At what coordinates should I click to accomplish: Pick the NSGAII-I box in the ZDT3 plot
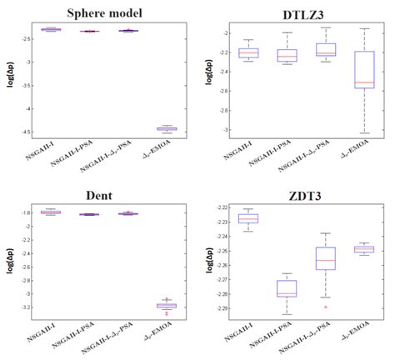tap(248, 218)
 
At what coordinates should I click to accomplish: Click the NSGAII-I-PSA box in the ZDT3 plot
tap(287, 288)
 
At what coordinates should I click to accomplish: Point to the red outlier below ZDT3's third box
tap(326, 307)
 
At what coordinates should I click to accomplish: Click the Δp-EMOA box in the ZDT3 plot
tap(364, 248)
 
